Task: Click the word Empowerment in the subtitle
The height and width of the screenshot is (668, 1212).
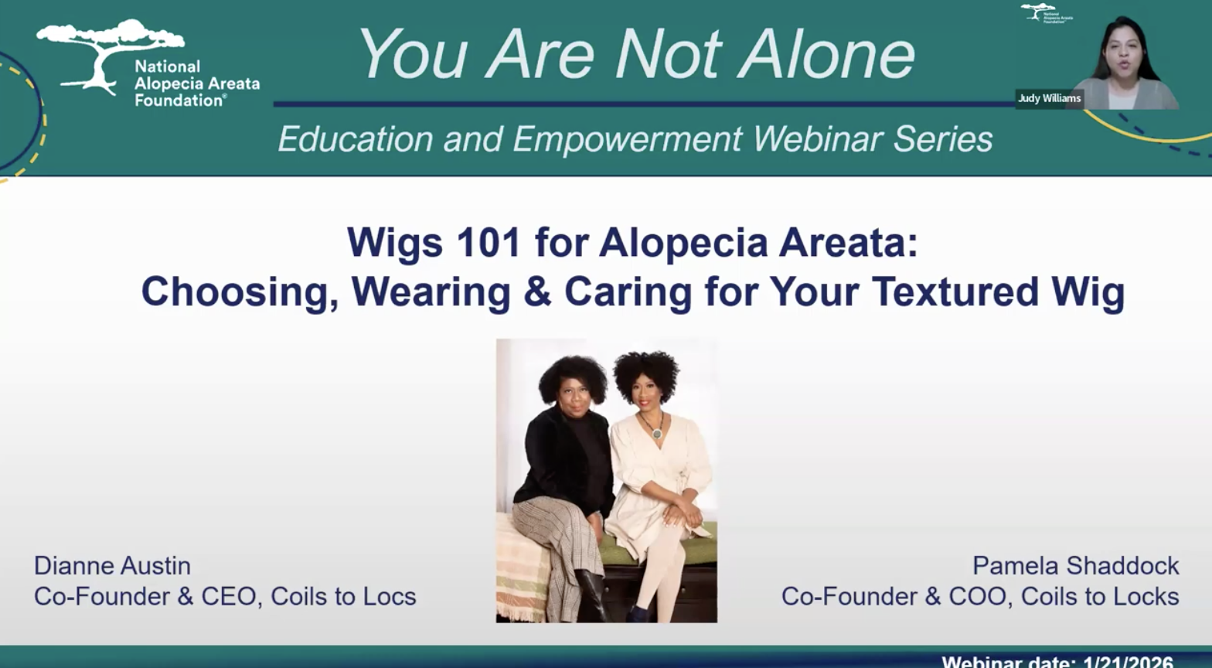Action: pos(627,140)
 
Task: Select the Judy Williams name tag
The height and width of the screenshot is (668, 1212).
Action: pos(1049,98)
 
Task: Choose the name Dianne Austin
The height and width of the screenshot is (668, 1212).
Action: pos(112,566)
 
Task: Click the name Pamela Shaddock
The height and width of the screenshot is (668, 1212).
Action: pos(1075,566)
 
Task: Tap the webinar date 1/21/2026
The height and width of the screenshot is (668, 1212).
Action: pos(1128,662)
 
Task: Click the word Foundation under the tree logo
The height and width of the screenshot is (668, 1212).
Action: pos(180,100)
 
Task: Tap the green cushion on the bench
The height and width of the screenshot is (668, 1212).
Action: pos(700,550)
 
